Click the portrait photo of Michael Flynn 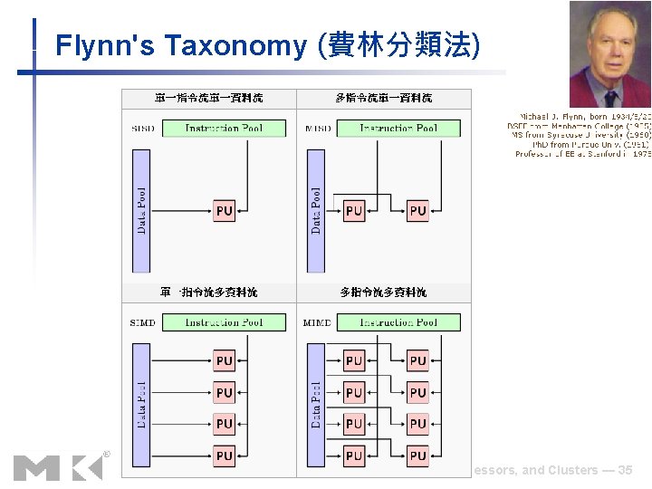(609, 54)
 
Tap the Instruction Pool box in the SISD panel (224, 129)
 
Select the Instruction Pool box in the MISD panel (398, 129)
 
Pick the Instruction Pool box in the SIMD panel (224, 322)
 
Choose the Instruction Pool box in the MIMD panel (398, 322)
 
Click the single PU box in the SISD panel (225, 211)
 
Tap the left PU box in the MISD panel (354, 211)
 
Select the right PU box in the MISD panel (417, 211)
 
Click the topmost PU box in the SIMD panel (225, 360)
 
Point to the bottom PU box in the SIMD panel (225, 455)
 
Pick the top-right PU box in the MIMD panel (417, 360)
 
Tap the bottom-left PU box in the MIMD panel (354, 455)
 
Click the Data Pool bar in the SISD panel (141, 210)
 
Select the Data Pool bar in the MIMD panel (316, 404)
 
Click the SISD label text (143, 129)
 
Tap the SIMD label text (143, 322)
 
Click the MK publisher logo (60, 465)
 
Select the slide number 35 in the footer (625, 471)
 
